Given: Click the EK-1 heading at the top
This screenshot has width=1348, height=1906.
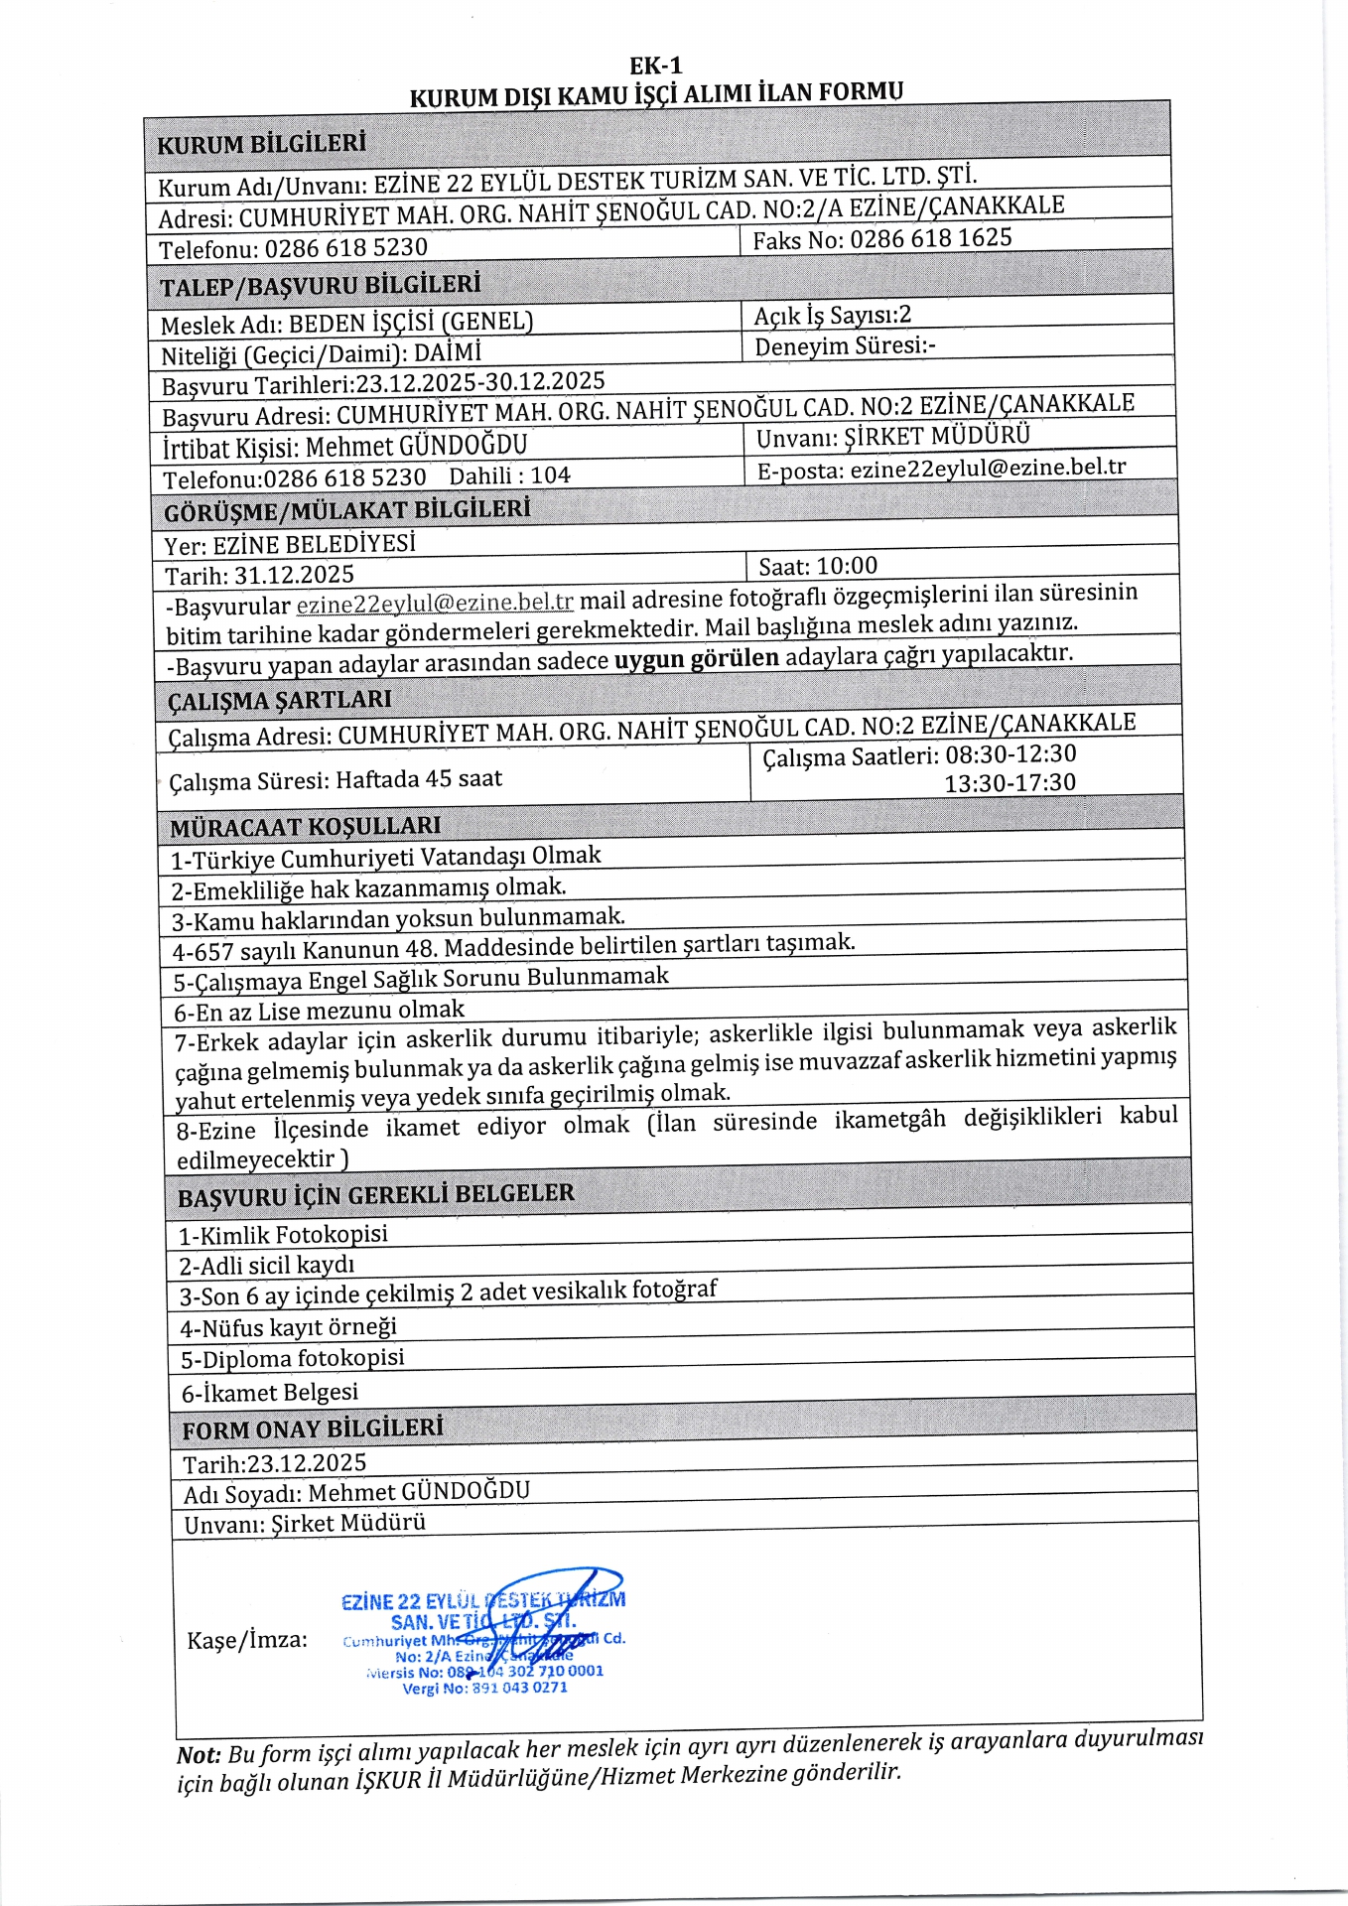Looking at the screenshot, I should (x=656, y=67).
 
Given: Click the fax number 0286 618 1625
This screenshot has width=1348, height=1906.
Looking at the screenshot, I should (x=930, y=239).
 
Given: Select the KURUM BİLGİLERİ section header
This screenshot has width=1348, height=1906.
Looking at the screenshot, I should (x=261, y=144).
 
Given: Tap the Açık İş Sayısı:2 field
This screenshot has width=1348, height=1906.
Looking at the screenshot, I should (x=832, y=316).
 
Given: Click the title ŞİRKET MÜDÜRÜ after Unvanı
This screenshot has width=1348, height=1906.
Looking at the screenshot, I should (x=937, y=436).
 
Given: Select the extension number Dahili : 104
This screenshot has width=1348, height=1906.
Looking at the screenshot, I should (x=509, y=476).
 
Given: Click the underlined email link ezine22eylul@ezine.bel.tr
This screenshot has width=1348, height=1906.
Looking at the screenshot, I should (x=435, y=603).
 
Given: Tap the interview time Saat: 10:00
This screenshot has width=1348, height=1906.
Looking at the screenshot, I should (x=818, y=566).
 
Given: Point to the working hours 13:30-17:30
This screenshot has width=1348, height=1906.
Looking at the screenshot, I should (x=1010, y=782).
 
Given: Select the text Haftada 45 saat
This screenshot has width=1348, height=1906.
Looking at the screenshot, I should (x=419, y=778).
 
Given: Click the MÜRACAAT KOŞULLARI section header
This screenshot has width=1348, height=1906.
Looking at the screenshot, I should (x=305, y=826).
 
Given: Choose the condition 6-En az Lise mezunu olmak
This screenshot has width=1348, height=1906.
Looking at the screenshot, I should (x=319, y=1012).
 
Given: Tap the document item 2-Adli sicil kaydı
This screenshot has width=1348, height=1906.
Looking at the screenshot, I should (x=266, y=1265).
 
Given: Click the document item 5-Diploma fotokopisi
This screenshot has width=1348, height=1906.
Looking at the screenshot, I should (x=292, y=1358).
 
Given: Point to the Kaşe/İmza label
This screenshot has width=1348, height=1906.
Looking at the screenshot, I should (x=247, y=1639).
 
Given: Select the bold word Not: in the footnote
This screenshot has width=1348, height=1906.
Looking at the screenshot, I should (x=199, y=1755).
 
